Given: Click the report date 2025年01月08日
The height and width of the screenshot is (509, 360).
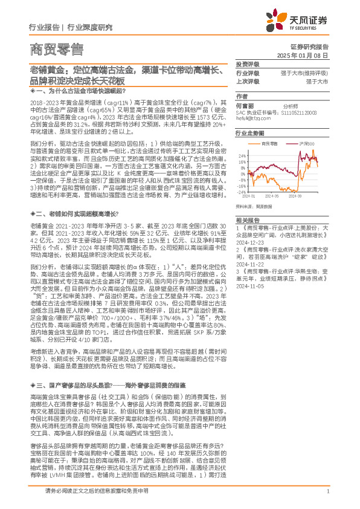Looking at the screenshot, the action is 309,55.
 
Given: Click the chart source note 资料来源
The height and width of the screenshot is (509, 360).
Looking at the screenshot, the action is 260,206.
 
